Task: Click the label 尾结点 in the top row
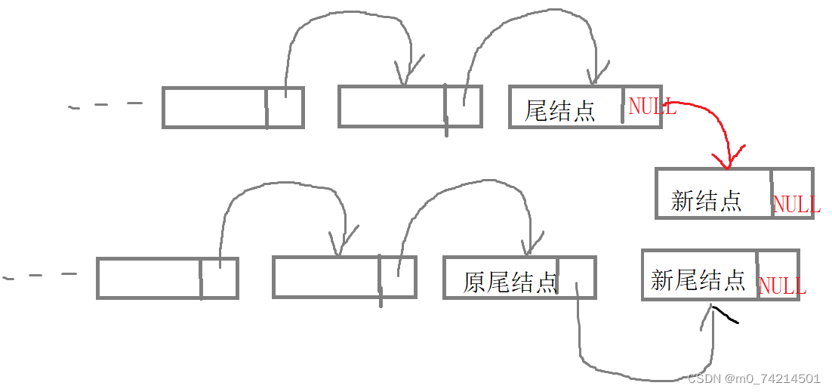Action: coord(560,111)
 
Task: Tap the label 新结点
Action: coord(706,200)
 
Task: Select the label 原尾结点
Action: coord(510,282)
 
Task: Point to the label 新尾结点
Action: coord(698,280)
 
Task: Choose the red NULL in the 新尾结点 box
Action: coord(781,286)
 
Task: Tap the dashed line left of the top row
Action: coord(106,105)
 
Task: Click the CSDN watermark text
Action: coord(753,378)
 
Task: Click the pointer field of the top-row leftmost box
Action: coord(285,107)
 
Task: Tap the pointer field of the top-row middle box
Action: coord(463,107)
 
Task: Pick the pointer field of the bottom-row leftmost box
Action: coord(219,277)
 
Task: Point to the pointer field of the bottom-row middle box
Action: coord(397,277)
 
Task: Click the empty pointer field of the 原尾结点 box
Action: coord(577,276)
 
